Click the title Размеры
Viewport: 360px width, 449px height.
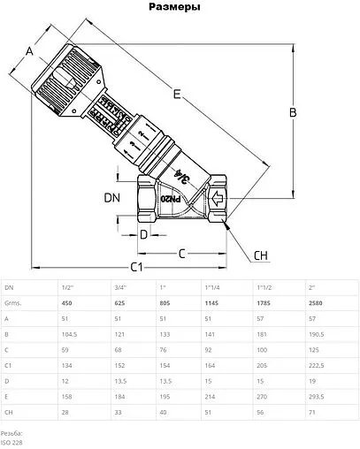coord(180,7)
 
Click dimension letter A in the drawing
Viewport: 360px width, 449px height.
coord(30,51)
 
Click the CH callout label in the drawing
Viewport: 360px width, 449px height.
coord(260,255)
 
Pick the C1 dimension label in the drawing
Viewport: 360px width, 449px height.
coord(136,265)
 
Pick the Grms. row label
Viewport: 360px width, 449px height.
coord(13,304)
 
